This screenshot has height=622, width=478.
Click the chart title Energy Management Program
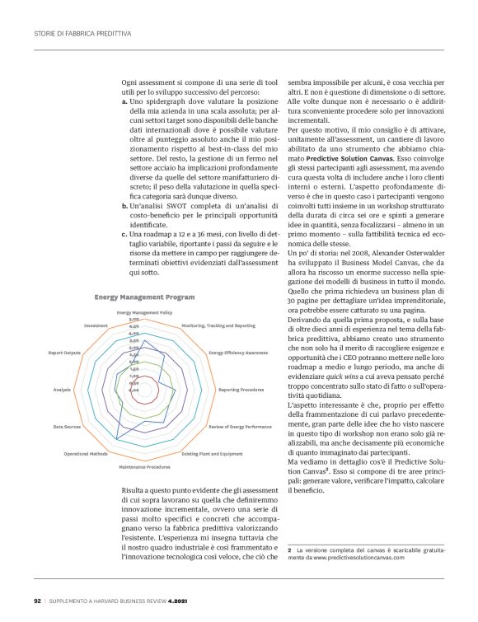[x=145, y=297]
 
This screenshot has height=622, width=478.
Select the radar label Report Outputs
[x=64, y=353]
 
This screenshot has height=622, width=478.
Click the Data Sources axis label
[x=67, y=427]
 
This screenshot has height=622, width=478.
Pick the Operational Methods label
[x=86, y=454]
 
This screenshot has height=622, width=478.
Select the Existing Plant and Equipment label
[x=212, y=454]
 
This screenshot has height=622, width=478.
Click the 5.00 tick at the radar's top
[x=134, y=320]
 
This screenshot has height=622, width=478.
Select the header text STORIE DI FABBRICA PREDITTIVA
[x=82, y=34]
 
